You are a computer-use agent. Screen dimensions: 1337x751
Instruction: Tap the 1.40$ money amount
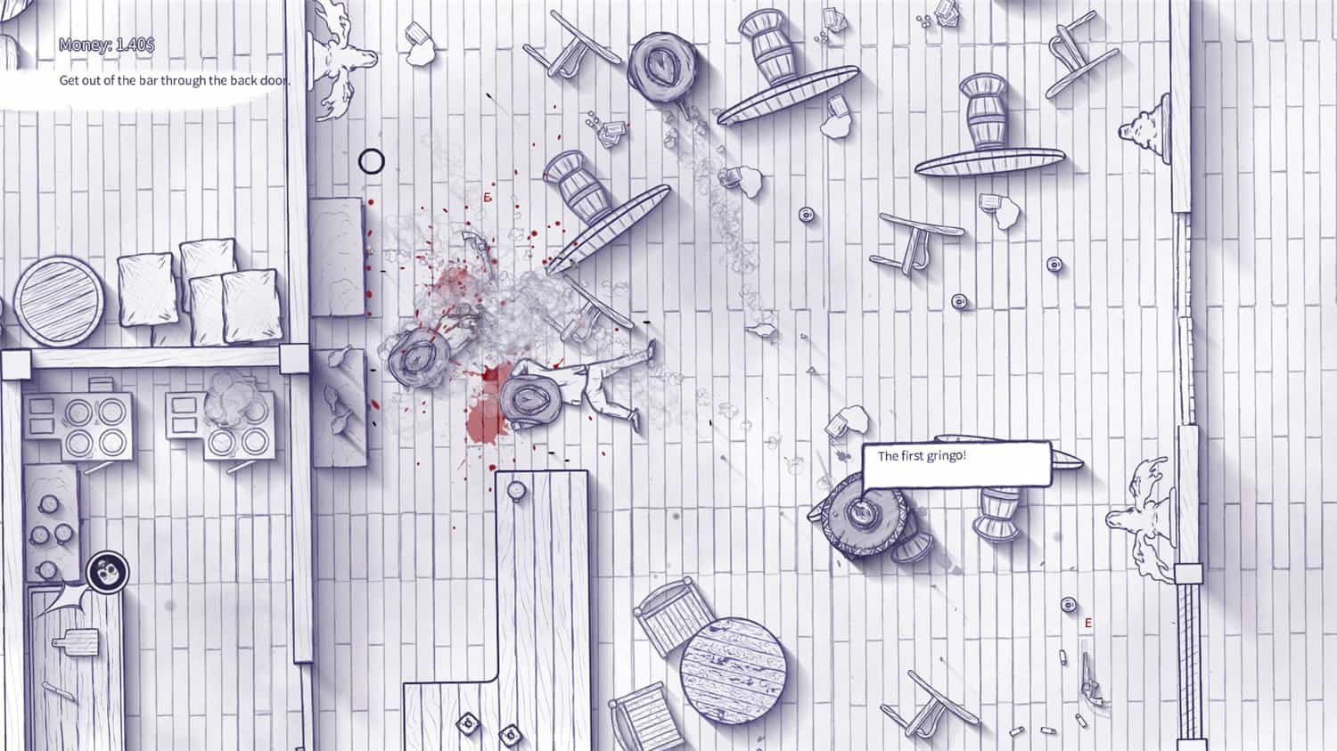(135, 45)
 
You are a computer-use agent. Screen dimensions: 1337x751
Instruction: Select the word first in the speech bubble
(909, 456)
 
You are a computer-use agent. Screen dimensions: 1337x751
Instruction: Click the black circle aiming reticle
(372, 161)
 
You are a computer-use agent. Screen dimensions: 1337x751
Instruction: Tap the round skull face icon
(108, 572)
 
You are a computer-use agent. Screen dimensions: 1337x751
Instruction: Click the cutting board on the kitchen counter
(76, 641)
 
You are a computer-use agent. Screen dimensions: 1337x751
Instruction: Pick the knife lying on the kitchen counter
(59, 691)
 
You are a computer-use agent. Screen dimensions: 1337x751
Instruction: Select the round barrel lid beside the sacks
(59, 301)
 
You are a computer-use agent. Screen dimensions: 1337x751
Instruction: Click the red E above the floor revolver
(1088, 624)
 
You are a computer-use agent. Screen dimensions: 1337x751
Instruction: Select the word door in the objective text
(275, 80)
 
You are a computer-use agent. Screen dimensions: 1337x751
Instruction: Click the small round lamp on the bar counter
(516, 492)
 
